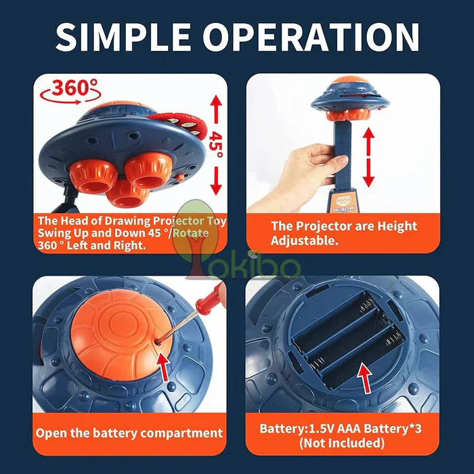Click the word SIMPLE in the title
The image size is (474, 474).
[123, 37]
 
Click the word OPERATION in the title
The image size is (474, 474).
[311, 37]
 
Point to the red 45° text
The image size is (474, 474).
[215, 144]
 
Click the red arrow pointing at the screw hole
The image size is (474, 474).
[165, 366]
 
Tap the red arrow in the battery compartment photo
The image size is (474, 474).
[365, 379]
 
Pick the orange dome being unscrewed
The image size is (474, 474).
[121, 333]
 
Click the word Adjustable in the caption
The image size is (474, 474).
[304, 241]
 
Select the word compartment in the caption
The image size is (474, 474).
[181, 433]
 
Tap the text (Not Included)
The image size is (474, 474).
[342, 443]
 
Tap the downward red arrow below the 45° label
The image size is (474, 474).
[216, 181]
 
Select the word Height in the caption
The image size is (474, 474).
[397, 227]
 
